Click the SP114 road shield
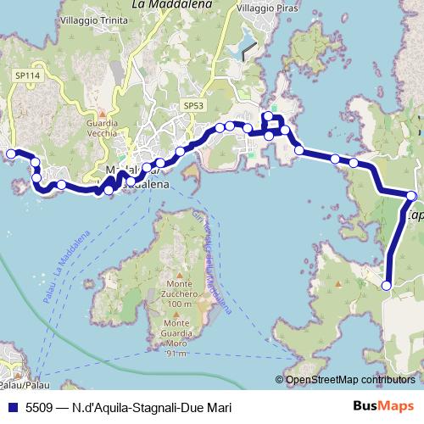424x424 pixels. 27,75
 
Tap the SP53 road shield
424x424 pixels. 194,105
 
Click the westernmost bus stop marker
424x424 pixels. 11,153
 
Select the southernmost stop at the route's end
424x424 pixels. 387,286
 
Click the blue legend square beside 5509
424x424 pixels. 11,407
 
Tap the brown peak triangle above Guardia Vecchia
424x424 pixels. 103,114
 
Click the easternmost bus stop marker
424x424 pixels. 411,196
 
